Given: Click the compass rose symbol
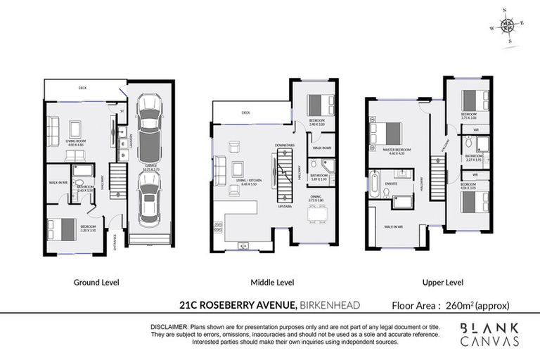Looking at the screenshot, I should [506, 26].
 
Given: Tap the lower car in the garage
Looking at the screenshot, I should [149, 199].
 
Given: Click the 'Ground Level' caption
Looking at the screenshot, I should [96, 283].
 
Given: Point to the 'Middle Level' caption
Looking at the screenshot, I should [272, 283].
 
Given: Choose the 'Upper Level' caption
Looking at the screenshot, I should [442, 283].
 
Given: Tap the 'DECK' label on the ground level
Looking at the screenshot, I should [82, 89].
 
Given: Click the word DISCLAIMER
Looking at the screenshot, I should [169, 328].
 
